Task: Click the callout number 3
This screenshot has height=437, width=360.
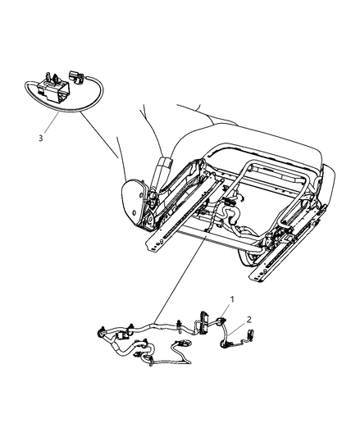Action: click(x=41, y=138)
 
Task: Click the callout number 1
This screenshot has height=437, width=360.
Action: click(x=232, y=299)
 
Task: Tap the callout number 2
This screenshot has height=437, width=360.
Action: click(x=249, y=320)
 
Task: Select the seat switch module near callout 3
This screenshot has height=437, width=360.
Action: click(x=53, y=89)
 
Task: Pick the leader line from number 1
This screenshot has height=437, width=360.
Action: click(x=226, y=310)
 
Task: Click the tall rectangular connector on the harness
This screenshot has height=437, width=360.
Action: click(x=203, y=322)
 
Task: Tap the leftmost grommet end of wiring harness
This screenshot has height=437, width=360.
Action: click(x=100, y=332)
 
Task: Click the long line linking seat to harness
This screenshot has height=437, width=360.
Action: click(x=180, y=279)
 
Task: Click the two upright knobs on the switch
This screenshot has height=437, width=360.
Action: click(x=52, y=76)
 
